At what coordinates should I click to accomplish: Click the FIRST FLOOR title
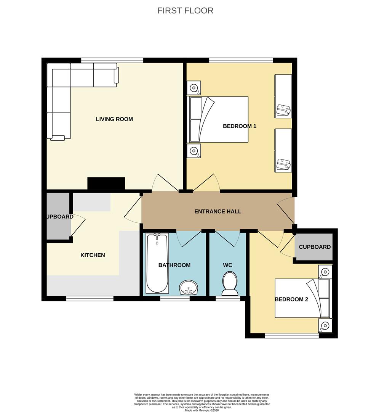pyautogui.click(x=185, y=11)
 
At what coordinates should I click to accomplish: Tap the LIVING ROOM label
pyautogui.click(x=114, y=119)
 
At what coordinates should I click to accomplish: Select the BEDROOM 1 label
pyautogui.click(x=239, y=126)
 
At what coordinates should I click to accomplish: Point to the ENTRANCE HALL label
pyautogui.click(x=217, y=211)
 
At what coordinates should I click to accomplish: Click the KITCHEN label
pyautogui.click(x=93, y=255)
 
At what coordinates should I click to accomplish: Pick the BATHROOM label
pyautogui.click(x=174, y=265)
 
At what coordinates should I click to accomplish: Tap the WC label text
pyautogui.click(x=227, y=265)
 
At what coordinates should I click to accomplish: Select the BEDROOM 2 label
pyautogui.click(x=291, y=299)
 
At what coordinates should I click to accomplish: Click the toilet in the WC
pyautogui.click(x=230, y=283)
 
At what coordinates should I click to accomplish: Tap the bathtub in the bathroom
pyautogui.click(x=157, y=263)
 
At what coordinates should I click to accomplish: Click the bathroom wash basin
pyautogui.click(x=189, y=287)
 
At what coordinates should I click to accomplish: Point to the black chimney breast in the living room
pyautogui.click(x=106, y=183)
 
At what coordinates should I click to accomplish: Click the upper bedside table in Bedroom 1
pyautogui.click(x=194, y=88)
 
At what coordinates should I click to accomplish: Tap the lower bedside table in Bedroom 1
pyautogui.click(x=194, y=151)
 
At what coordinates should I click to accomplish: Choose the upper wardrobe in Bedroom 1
pyautogui.click(x=283, y=96)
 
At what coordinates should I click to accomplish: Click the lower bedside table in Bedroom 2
pyautogui.click(x=325, y=326)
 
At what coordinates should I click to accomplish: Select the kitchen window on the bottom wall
pyautogui.click(x=90, y=298)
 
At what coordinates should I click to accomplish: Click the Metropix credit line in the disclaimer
pyautogui.click(x=202, y=410)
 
